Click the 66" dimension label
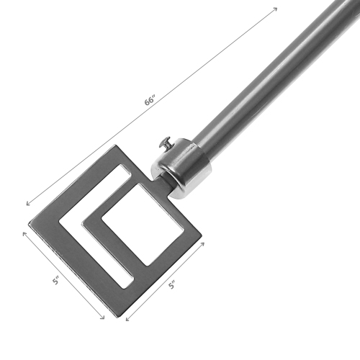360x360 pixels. (149, 100)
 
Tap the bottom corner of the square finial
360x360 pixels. (110, 310)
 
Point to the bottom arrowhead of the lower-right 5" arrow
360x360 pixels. (126, 318)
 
